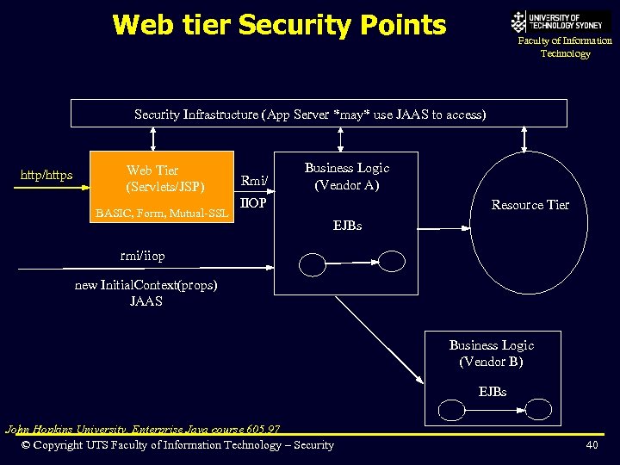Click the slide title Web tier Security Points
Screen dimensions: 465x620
(279, 25)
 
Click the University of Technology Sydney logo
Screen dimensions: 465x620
(560, 22)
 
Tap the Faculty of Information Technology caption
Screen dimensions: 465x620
(565, 47)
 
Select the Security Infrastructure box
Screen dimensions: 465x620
(319, 114)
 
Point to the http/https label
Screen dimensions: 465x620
(46, 176)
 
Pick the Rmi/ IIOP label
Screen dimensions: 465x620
(254, 192)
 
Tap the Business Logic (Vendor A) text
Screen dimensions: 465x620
(347, 177)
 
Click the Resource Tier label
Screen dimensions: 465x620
(530, 205)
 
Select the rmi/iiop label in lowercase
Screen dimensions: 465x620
(143, 256)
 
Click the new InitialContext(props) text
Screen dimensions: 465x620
(146, 285)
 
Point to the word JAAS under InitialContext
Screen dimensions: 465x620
(146, 301)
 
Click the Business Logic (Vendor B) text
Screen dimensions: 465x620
(491, 353)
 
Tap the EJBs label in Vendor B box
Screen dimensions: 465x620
(492, 392)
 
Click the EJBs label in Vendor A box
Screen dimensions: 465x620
(347, 226)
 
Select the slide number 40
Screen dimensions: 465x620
(592, 445)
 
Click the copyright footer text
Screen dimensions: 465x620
(177, 445)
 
